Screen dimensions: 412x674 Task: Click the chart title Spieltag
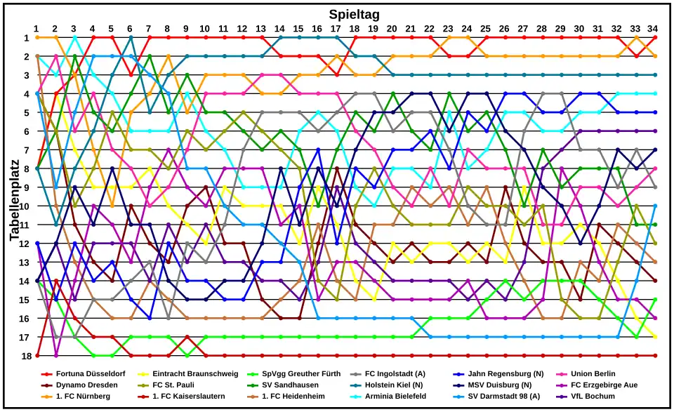tap(354, 14)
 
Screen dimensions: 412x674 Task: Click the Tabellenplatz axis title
tap(15, 197)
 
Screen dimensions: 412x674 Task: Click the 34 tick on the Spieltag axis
tap(654, 28)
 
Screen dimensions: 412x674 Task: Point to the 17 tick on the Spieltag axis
tap(336, 28)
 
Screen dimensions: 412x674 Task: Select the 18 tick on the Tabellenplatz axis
tap(25, 355)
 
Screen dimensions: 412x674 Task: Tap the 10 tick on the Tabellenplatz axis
tap(25, 206)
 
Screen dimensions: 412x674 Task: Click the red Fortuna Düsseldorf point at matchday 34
tap(654, 37)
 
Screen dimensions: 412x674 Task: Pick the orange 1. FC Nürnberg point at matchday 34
tap(654, 56)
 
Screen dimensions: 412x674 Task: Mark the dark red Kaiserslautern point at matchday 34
tap(654, 355)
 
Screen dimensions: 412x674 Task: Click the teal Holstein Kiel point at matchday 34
tap(654, 74)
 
